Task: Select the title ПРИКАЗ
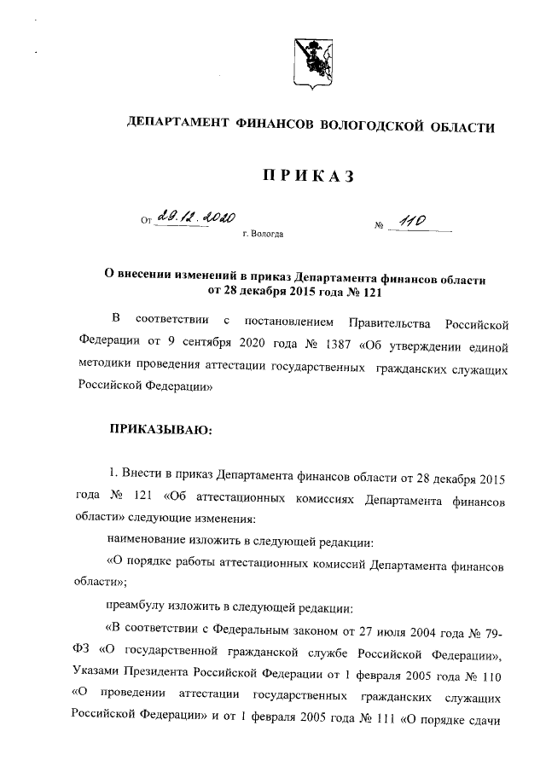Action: (308, 177)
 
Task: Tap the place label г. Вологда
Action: (263, 232)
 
